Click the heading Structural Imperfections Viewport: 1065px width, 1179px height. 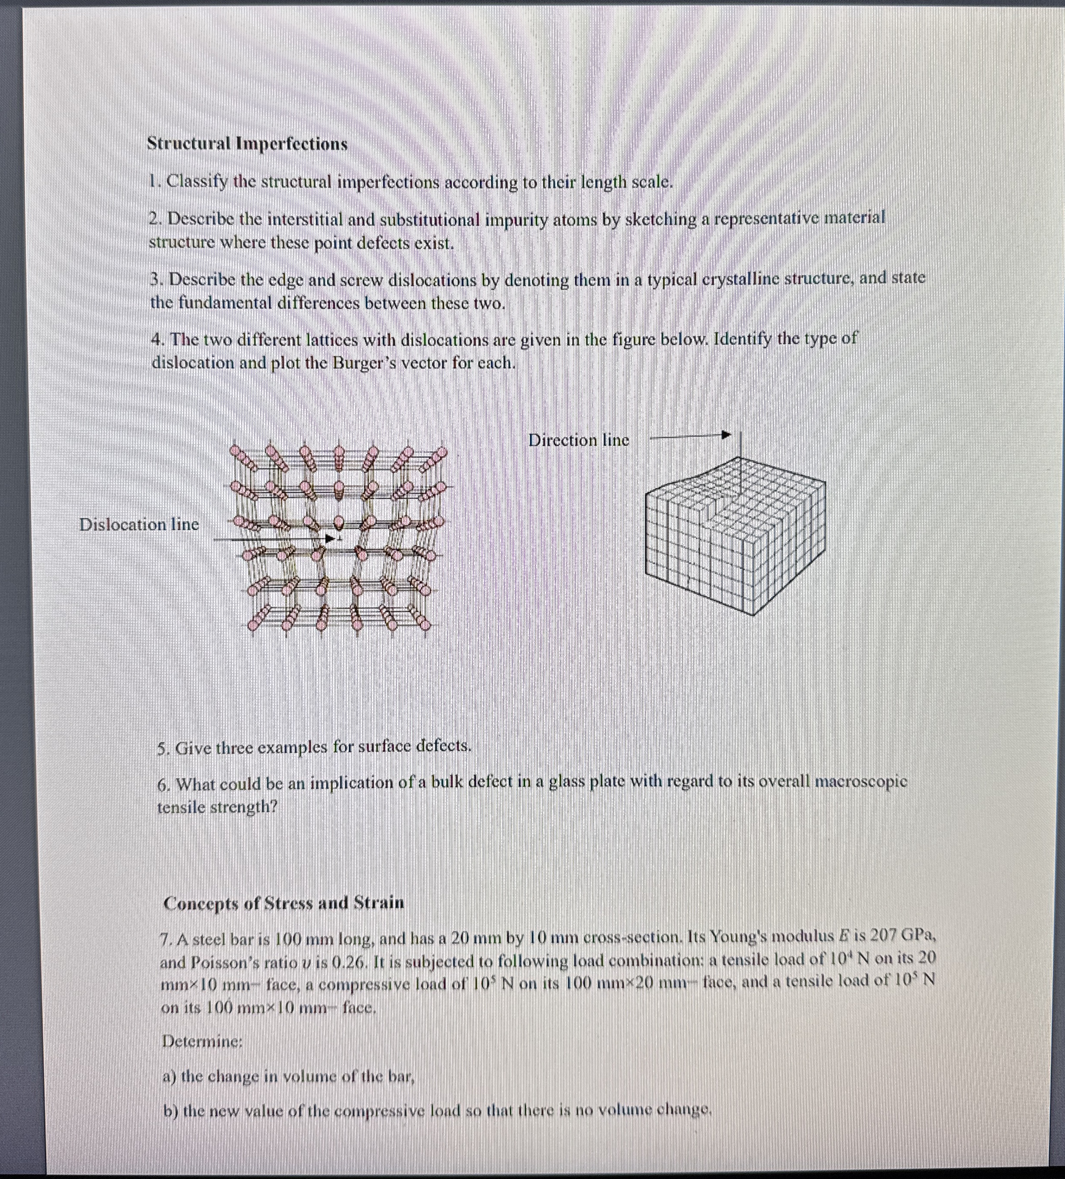point(247,144)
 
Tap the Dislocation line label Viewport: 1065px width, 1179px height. point(139,525)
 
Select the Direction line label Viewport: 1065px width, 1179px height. point(578,440)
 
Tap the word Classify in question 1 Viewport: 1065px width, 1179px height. point(197,182)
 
